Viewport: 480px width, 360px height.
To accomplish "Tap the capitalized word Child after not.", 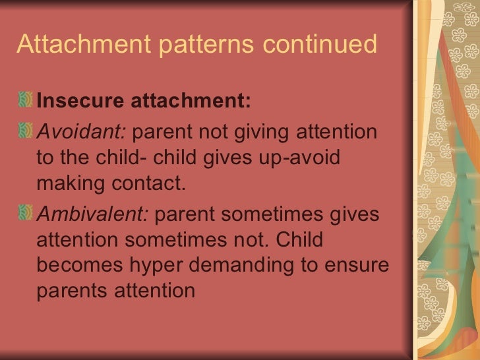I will [x=300, y=240].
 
